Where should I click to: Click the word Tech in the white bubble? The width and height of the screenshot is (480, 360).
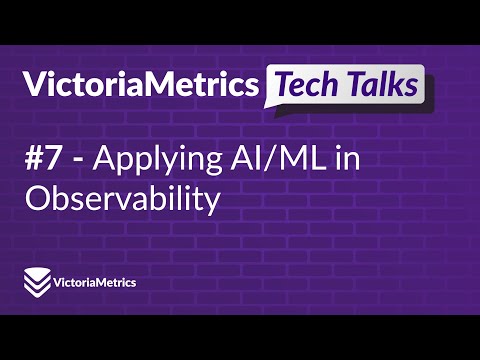[x=310, y=86]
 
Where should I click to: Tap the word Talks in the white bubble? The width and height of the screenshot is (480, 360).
[x=381, y=86]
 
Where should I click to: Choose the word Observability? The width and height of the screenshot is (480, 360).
[x=121, y=198]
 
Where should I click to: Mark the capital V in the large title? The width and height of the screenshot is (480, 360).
[x=36, y=88]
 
